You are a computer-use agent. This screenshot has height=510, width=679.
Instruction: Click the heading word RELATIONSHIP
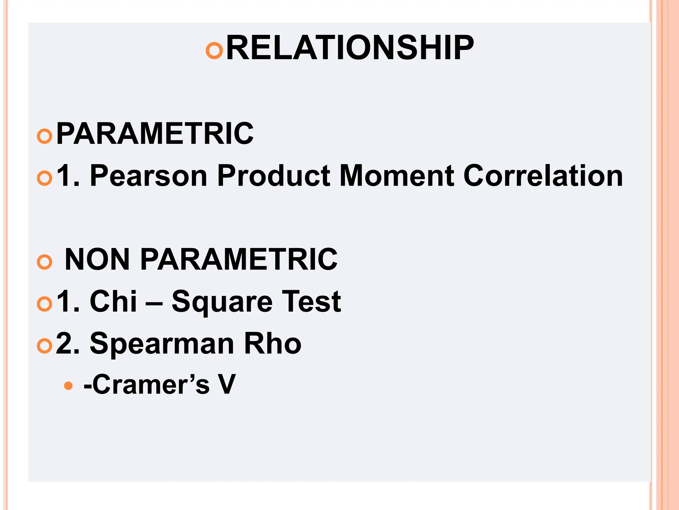click(x=350, y=48)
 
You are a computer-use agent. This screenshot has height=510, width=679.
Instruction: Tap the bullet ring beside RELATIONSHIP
click(x=214, y=51)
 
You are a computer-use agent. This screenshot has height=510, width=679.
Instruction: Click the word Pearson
click(x=149, y=176)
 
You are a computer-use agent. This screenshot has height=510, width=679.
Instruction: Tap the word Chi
click(x=113, y=301)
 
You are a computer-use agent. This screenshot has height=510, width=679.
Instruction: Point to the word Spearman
click(x=162, y=344)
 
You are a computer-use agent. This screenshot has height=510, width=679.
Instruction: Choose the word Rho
click(x=273, y=343)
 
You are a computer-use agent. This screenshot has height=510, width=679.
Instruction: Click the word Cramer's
click(x=147, y=384)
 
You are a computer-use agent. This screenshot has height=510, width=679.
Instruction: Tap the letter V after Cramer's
click(x=227, y=384)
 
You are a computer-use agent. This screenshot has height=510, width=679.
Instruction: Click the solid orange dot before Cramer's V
click(x=68, y=386)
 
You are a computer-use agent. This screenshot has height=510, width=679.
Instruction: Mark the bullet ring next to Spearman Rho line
click(x=44, y=346)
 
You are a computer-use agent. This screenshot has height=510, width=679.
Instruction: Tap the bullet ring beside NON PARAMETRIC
click(x=44, y=262)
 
